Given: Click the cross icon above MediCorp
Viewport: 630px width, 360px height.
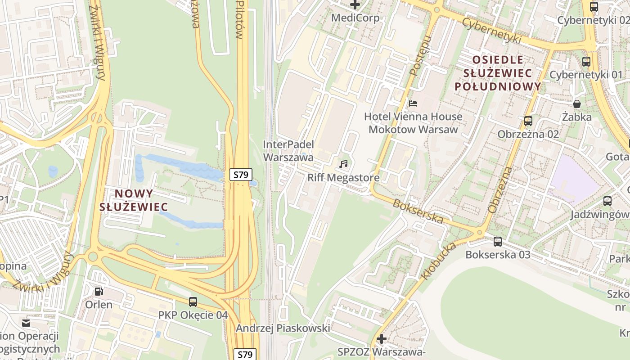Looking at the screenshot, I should [355, 5].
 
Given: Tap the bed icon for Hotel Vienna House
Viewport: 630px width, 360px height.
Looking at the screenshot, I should [413, 103].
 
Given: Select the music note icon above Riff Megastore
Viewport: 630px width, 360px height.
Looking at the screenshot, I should [344, 164].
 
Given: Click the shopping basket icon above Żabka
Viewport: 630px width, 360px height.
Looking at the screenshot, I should [577, 104].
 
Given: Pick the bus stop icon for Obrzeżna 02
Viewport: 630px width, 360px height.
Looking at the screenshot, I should [528, 121].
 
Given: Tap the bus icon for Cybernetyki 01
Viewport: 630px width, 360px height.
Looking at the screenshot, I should [586, 62].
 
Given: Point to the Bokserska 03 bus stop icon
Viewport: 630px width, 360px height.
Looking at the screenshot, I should [497, 241].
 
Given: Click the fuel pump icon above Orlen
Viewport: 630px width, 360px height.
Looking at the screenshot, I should [99, 291].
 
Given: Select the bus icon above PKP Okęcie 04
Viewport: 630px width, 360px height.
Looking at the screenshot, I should [193, 302].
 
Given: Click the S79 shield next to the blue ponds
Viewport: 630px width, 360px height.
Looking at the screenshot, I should [241, 175].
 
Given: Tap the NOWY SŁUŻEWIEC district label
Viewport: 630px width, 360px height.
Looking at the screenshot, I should [134, 200].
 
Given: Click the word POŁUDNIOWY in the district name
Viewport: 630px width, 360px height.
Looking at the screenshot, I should [498, 86].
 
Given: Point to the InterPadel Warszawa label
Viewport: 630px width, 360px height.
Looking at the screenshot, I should [288, 151].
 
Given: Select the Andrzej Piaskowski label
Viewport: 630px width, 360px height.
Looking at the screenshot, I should [283, 328].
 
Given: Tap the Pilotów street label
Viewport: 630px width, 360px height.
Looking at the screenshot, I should [240, 20].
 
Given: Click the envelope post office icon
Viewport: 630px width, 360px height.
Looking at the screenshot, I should [26, 323].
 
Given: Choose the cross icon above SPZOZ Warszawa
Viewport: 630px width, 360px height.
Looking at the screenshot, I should [381, 338].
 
